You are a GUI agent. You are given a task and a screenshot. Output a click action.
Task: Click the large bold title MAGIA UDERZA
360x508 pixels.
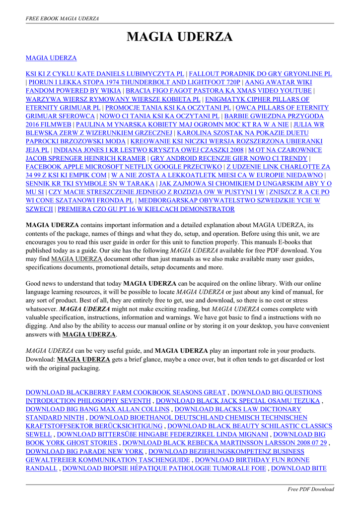(180, 37)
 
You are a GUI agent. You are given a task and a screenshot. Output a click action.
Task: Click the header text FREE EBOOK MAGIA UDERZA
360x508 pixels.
(62, 18)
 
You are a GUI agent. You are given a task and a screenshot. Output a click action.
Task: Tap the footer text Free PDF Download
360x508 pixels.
(311, 489)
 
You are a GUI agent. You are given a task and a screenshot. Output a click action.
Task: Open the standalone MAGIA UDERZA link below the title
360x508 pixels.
(51, 58)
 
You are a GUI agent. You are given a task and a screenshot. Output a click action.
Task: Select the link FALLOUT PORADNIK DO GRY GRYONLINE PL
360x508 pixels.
(260, 74)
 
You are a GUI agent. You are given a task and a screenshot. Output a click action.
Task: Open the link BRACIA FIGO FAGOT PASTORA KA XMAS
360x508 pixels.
(218, 91)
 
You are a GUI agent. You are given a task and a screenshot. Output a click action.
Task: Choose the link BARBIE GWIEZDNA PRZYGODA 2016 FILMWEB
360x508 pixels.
(278, 116)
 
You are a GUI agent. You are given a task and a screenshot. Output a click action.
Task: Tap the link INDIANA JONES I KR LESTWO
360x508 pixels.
(149, 150)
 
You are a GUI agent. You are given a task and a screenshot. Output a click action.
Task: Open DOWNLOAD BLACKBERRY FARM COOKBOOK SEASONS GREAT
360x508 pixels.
(126, 392)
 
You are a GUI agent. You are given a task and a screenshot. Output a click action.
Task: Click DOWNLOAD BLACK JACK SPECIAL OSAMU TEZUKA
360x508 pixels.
(238, 401)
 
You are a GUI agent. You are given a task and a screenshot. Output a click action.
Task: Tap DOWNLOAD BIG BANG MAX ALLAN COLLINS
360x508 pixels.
(98, 409)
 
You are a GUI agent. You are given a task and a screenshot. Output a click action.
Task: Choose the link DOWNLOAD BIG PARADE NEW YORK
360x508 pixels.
(84, 451)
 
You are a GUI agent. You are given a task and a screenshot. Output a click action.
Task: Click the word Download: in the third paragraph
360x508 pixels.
(40, 360)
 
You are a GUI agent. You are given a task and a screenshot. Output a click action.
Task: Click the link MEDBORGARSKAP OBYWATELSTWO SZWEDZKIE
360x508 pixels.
(228, 200)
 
